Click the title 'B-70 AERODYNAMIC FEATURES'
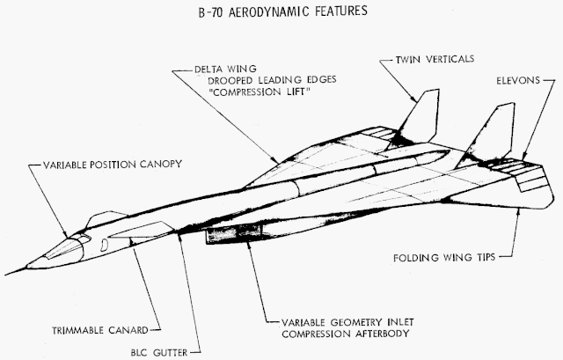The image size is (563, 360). point(283,11)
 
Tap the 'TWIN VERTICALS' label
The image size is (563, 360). point(435,59)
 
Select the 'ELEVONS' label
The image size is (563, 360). point(518,80)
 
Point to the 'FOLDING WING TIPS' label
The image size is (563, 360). point(444,258)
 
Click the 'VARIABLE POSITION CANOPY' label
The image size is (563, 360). point(113,165)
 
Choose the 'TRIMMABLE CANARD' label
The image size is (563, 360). point(100,330)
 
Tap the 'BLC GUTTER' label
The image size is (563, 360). point(159,352)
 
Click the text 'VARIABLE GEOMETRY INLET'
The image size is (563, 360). point(347,322)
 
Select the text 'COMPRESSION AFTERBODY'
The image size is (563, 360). point(346,334)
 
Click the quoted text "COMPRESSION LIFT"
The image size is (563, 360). point(259,92)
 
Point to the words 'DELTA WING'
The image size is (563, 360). point(225,69)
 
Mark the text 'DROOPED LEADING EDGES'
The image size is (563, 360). point(272,80)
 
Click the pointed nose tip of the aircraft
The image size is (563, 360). point(6,275)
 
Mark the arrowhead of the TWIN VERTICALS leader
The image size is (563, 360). point(413,98)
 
